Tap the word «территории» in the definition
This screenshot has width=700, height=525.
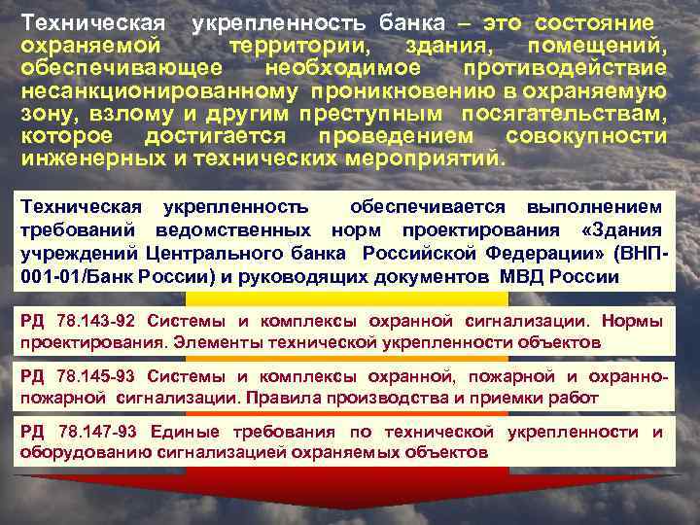(x=298, y=46)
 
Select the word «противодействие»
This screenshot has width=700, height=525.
(x=564, y=68)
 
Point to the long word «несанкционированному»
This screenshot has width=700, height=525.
(x=159, y=90)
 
